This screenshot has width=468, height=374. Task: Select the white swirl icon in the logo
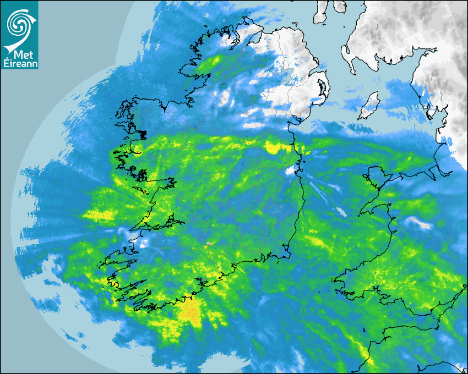click(x=19, y=25)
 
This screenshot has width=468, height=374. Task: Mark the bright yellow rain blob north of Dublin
click(x=272, y=147)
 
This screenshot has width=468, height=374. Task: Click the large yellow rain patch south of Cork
click(x=191, y=312)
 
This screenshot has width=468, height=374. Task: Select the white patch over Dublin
click(x=290, y=170)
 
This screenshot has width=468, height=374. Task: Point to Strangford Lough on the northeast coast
click(x=322, y=88)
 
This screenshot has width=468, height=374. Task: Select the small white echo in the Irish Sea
click(x=339, y=211)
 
